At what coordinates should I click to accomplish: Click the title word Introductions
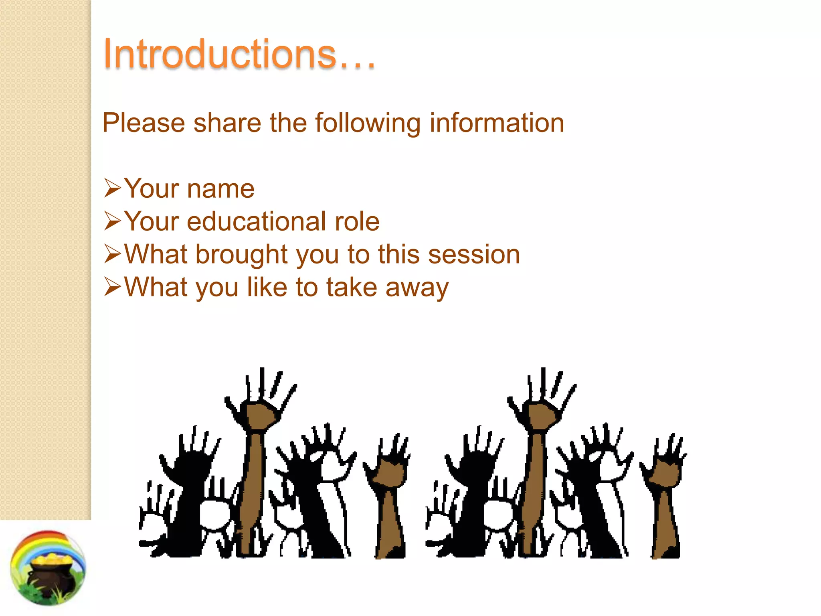tap(239, 54)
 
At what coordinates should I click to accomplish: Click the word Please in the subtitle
tap(143, 123)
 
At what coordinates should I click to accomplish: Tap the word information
tap(497, 123)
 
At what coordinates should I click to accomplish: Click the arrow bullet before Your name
tap(112, 188)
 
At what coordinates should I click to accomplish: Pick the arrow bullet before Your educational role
tap(112, 221)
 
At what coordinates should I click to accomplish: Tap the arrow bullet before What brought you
tap(112, 254)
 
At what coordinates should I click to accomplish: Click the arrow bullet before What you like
tap(112, 287)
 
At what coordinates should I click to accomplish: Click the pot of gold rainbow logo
tap(48, 568)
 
